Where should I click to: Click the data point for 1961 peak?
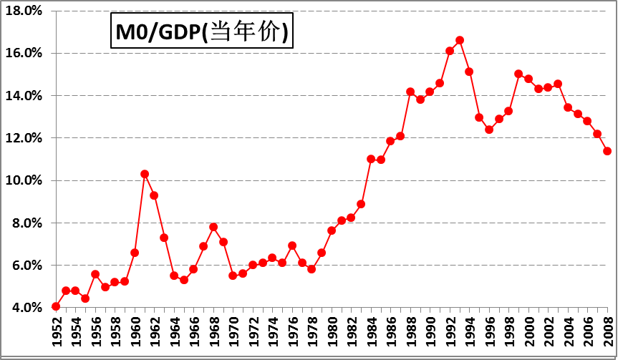pos(145,174)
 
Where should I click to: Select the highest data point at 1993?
pos(460,40)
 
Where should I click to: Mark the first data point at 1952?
pos(56,306)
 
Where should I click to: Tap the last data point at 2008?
pos(607,151)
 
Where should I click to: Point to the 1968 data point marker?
pos(213,227)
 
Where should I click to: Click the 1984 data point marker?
pos(371,159)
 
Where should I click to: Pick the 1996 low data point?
pos(489,130)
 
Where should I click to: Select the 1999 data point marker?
pos(518,74)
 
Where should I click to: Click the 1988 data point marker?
pos(410,92)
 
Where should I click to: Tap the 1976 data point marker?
pos(292,245)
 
